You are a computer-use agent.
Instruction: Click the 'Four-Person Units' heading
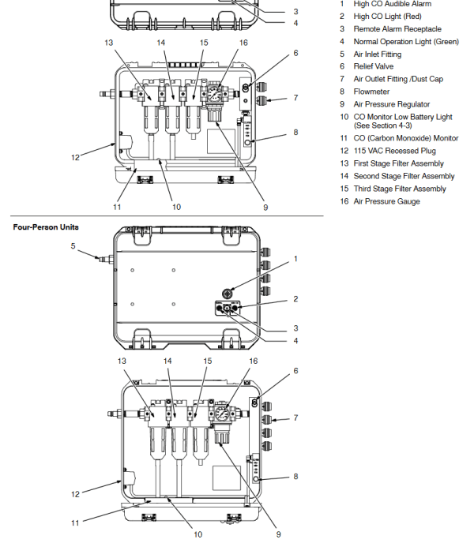pos(46,227)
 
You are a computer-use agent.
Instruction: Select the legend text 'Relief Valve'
pos(374,67)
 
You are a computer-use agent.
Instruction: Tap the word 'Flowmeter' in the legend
pos(373,92)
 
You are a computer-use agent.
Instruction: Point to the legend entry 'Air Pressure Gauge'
pos(386,201)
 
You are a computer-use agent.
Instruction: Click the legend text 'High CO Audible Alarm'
pos(392,4)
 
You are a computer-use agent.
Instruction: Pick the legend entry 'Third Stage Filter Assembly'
pos(400,189)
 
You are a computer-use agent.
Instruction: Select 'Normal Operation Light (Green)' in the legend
pos(406,42)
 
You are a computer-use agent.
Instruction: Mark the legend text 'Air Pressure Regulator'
pos(392,104)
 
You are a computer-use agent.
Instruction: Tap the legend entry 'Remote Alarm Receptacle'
pos(397,29)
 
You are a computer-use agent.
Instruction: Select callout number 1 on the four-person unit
pos(295,258)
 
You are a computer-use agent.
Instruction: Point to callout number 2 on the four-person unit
pos(295,299)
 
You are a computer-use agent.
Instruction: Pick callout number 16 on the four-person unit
pos(254,361)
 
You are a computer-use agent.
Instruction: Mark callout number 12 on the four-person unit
pos(75,494)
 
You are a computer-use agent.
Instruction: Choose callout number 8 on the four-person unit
pos(295,476)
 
